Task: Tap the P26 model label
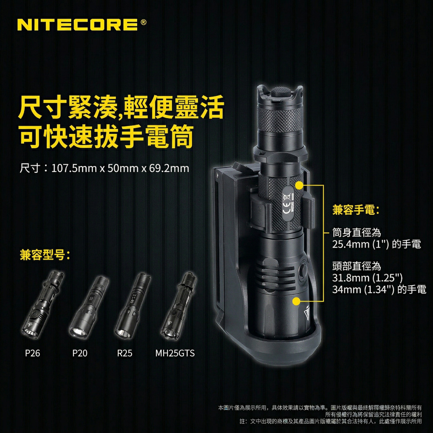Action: point(32,353)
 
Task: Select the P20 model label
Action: point(80,353)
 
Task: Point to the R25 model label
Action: point(125,353)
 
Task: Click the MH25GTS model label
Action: point(175,353)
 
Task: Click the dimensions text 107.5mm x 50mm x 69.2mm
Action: point(120,168)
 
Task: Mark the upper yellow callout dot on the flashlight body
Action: point(299,185)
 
